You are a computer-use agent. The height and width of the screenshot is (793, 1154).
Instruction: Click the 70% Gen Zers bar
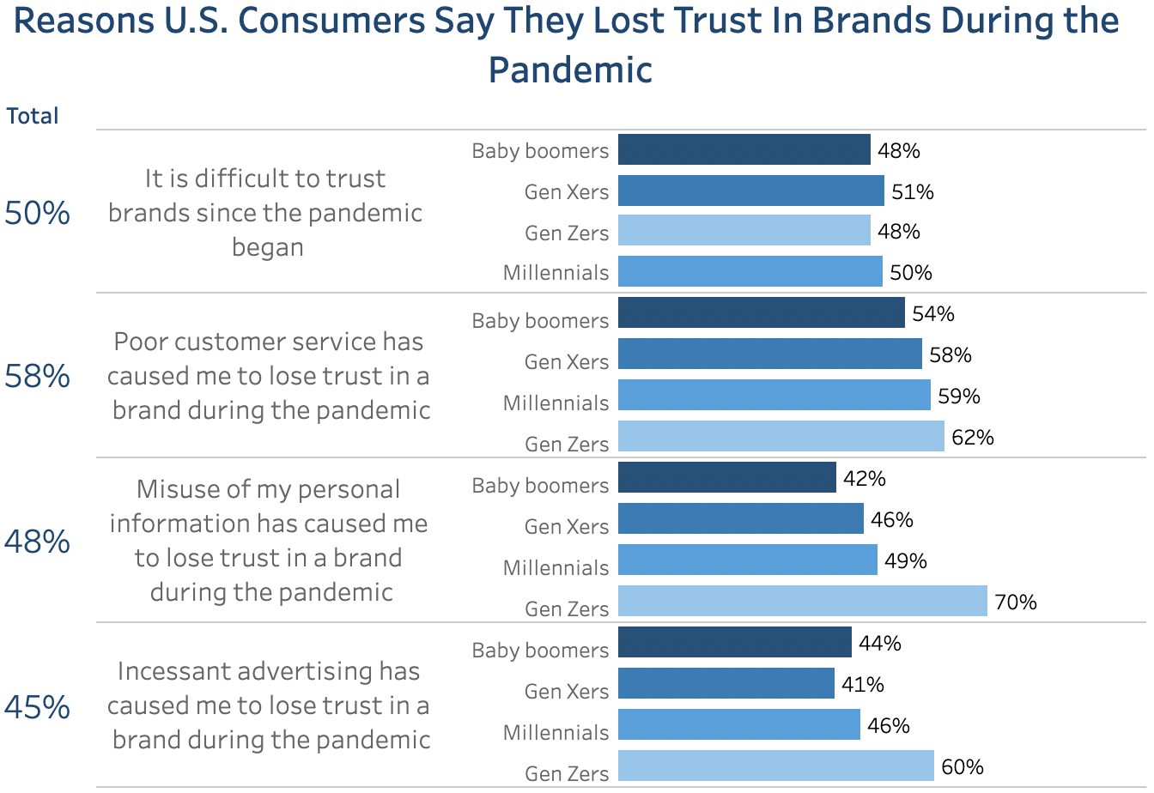click(x=802, y=601)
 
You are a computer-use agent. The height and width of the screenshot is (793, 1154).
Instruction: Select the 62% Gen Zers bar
click(x=780, y=436)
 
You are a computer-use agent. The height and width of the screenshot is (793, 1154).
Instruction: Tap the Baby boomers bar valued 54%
click(x=761, y=312)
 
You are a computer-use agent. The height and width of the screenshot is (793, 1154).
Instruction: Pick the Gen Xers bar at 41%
click(x=726, y=683)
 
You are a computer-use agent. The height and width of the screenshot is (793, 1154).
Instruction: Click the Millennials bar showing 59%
click(x=774, y=395)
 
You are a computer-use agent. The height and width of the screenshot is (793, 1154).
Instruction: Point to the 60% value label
click(x=963, y=766)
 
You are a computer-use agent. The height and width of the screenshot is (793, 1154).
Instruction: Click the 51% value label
click(x=913, y=191)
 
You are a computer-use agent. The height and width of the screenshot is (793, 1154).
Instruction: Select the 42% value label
click(x=865, y=478)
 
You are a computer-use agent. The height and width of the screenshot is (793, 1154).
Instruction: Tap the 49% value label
click(x=906, y=560)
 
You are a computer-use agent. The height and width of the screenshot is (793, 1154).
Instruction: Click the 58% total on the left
click(x=37, y=376)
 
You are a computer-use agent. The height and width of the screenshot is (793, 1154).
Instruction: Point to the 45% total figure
click(x=37, y=707)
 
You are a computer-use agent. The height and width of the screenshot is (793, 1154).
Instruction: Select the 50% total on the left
click(x=37, y=213)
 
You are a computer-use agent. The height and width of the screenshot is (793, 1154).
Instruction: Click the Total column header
click(x=33, y=116)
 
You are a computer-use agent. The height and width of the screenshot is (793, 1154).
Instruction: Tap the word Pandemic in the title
click(x=570, y=70)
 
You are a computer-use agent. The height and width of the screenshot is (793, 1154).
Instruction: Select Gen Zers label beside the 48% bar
click(x=567, y=233)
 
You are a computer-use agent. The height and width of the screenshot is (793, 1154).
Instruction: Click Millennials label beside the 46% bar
click(x=556, y=732)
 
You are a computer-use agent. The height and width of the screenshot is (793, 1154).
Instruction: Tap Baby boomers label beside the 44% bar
click(x=540, y=650)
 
